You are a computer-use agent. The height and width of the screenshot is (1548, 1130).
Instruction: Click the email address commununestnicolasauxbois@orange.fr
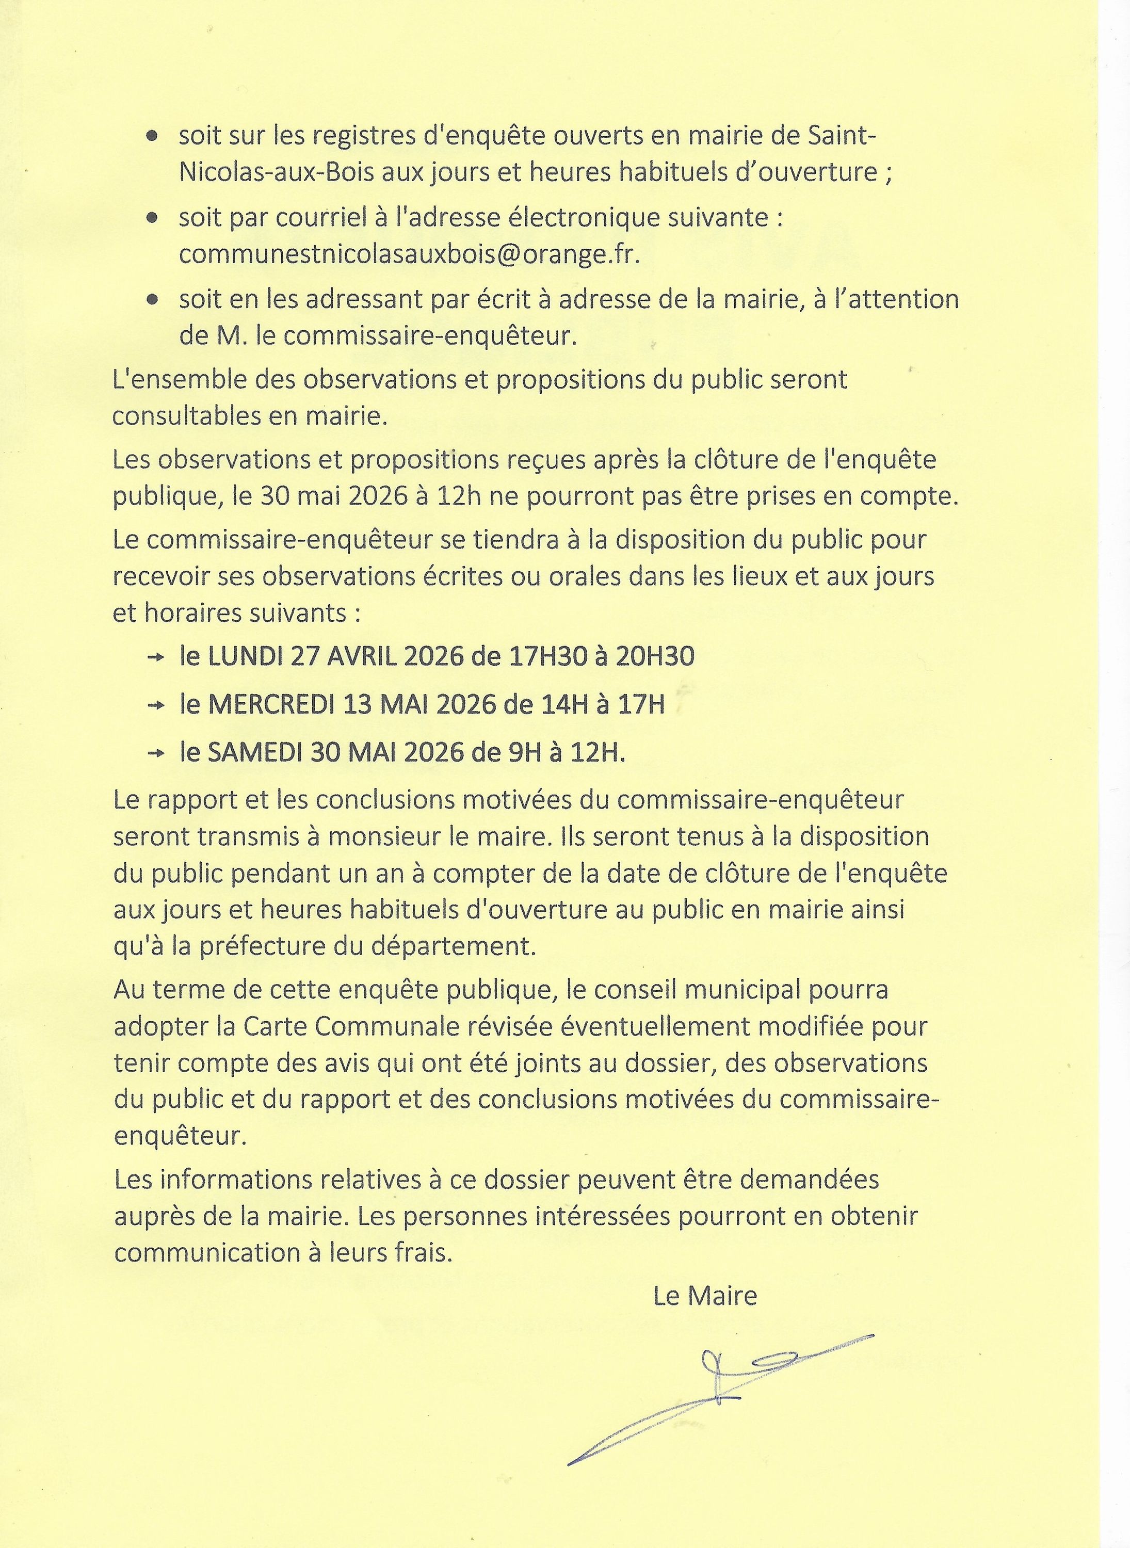pyautogui.click(x=410, y=254)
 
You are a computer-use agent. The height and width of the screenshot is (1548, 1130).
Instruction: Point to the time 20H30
pyautogui.click(x=655, y=657)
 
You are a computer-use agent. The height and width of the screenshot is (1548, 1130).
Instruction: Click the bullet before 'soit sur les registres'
pyautogui.click(x=153, y=137)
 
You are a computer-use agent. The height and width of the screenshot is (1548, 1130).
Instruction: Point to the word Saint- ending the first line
pyautogui.click(x=843, y=136)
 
